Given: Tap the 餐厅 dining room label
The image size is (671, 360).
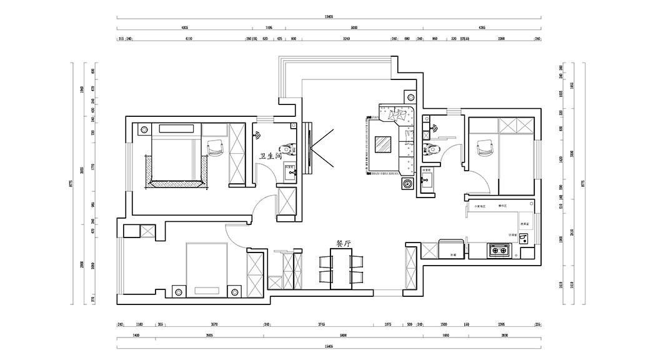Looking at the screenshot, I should (x=344, y=243).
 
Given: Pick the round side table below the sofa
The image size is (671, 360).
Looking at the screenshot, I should (x=407, y=184).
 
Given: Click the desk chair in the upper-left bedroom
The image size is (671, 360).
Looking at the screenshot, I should (x=215, y=147).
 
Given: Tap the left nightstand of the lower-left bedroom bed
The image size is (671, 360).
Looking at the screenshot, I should (x=177, y=292).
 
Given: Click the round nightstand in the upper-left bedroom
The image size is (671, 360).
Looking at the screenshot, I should (x=143, y=130).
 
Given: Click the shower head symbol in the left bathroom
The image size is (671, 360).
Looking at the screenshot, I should (x=257, y=134).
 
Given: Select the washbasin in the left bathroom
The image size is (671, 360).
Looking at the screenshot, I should (x=290, y=173).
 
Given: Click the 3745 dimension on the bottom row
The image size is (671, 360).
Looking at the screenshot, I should (x=321, y=325).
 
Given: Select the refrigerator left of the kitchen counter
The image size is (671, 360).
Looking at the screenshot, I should (x=450, y=249).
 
